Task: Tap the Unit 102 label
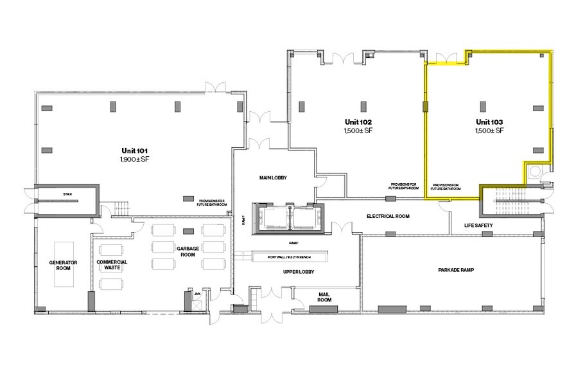[358, 122]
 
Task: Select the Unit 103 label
[489, 122]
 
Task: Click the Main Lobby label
[273, 178]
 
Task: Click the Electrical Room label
[388, 217]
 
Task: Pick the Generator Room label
[64, 266]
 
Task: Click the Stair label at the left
[66, 193]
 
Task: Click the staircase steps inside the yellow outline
[511, 201]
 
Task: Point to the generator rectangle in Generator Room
[64, 264]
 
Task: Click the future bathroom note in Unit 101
[213, 203]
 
